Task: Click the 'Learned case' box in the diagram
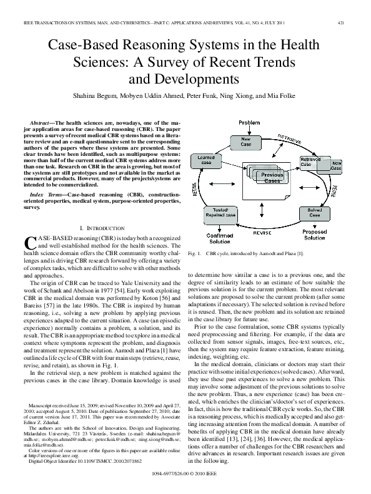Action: (207, 160)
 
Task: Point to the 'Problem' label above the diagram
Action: (249, 123)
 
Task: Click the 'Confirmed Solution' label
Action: (220, 239)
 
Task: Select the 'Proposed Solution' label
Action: (314, 235)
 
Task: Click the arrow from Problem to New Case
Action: (248, 130)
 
